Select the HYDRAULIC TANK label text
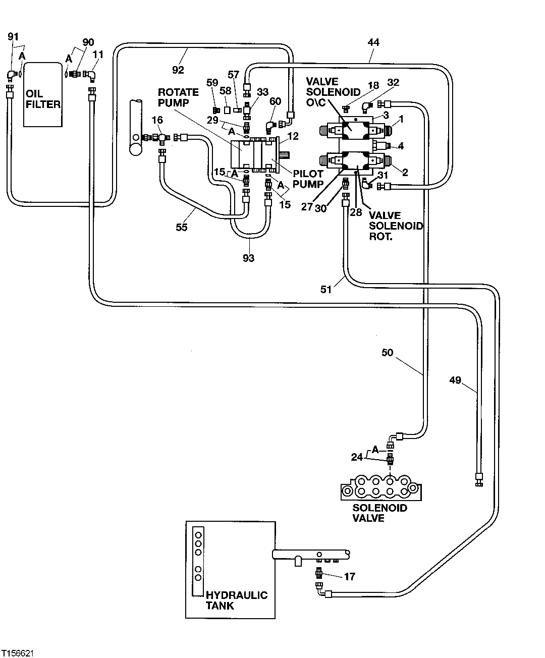pos(236,600)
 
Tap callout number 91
pos(14,36)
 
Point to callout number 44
pos(373,43)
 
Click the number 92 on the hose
pos(178,69)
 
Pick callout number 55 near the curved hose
pos(182,227)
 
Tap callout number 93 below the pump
pos(249,258)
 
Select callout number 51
pos(326,289)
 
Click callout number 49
pos(455,380)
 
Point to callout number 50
pos(387,353)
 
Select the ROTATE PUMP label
pos(179,97)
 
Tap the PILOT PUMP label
pos(308,179)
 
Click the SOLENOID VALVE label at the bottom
pos(379,513)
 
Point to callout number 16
pos(157,120)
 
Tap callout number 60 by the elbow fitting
pos(275,101)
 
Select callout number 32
pos(393,82)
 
